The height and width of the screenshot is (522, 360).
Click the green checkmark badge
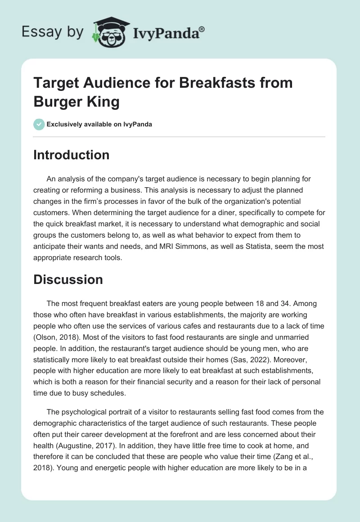(39, 124)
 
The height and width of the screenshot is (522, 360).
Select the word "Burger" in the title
(58, 102)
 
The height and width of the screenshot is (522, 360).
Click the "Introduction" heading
(71, 155)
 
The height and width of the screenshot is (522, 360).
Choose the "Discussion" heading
(68, 279)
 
